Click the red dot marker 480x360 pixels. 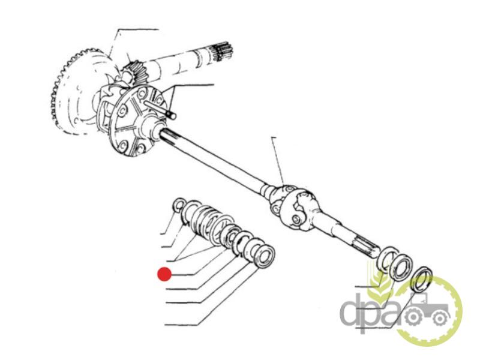(x=164, y=274)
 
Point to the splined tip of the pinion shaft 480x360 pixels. (x=221, y=53)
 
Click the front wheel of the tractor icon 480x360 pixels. (x=440, y=319)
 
